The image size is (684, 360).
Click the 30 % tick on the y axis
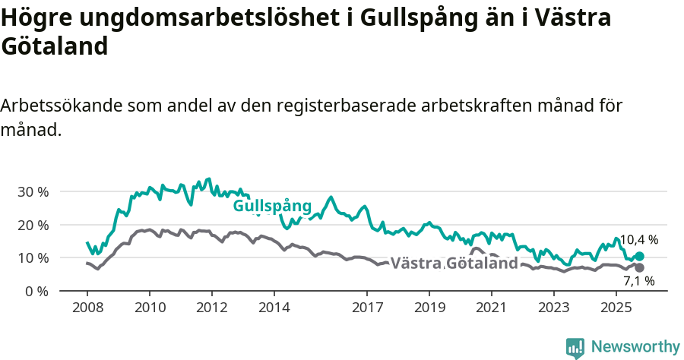33,191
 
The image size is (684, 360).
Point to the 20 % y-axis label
33,225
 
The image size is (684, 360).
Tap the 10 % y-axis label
33,257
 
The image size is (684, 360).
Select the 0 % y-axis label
36,291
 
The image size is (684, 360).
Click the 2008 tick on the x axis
87,308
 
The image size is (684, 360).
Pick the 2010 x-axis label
149,308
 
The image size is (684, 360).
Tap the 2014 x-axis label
274,308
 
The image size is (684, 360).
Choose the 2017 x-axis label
367,308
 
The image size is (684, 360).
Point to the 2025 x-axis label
616,308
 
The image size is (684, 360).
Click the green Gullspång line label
272,206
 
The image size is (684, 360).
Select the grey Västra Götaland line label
454,264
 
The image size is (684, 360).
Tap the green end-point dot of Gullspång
639,257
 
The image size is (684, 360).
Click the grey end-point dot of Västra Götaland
639,267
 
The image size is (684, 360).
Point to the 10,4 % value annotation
638,240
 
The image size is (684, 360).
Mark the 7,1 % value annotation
638,281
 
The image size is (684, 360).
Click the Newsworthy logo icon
575,348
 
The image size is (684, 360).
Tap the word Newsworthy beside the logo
635,347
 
